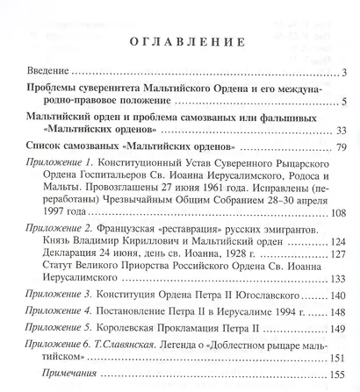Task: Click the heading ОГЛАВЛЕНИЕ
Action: tap(179, 43)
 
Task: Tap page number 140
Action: tap(339, 296)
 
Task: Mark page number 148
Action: tap(339, 316)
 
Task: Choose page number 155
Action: tap(339, 376)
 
